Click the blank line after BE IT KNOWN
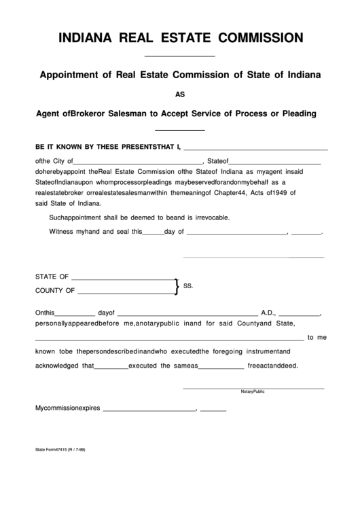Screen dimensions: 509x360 coord(256,147)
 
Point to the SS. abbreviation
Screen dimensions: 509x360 coord(189,286)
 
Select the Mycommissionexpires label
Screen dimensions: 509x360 coord(67,408)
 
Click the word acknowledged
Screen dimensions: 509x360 coord(58,365)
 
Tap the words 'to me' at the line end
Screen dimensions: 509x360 coord(317,337)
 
